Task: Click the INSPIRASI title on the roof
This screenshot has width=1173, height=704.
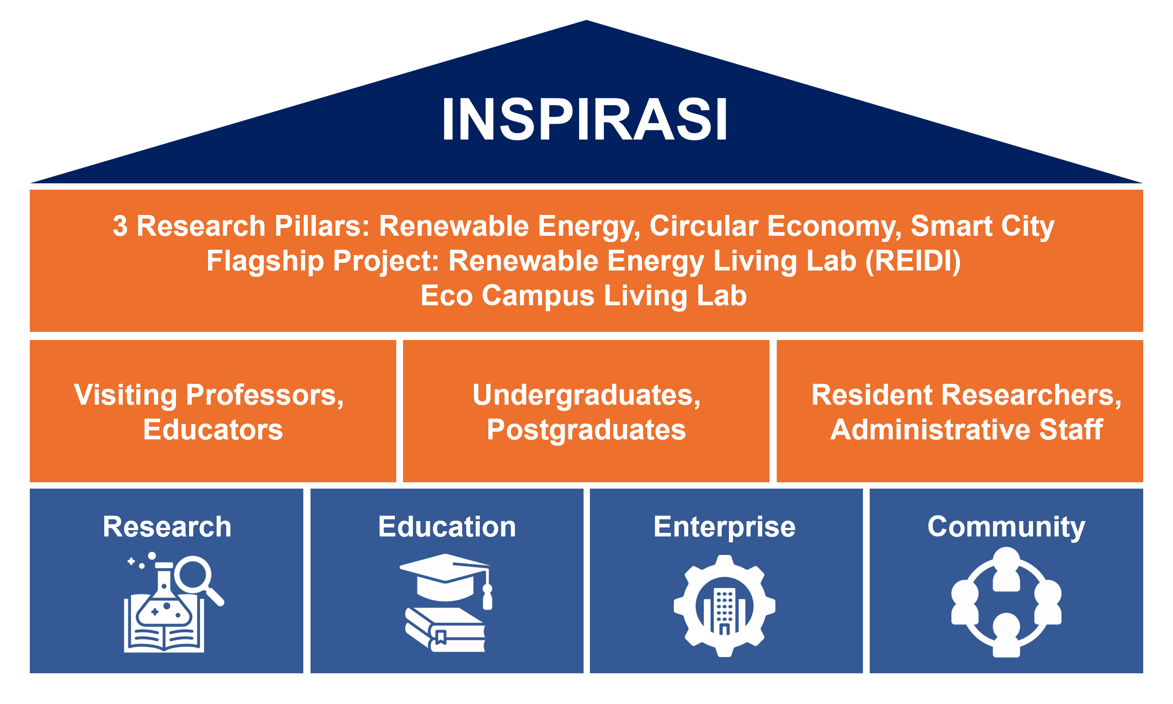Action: pos(584,119)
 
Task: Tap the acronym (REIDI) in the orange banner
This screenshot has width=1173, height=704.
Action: pos(913,261)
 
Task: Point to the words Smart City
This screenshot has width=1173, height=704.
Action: pos(983,227)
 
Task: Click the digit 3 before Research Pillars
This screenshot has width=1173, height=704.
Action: pos(120,226)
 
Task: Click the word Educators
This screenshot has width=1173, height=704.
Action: pos(213,430)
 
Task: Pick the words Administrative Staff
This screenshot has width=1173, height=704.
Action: pos(966,430)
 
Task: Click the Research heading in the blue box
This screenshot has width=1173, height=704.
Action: pos(167,527)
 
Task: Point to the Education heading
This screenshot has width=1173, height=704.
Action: pos(447,527)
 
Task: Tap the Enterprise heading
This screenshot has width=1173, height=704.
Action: pos(724,527)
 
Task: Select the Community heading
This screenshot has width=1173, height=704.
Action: pos(1006,527)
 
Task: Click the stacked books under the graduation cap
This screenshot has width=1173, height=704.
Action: pos(445,630)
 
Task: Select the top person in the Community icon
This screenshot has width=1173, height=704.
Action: pos(1006,569)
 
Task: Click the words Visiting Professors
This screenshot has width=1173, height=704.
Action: pos(209,395)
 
